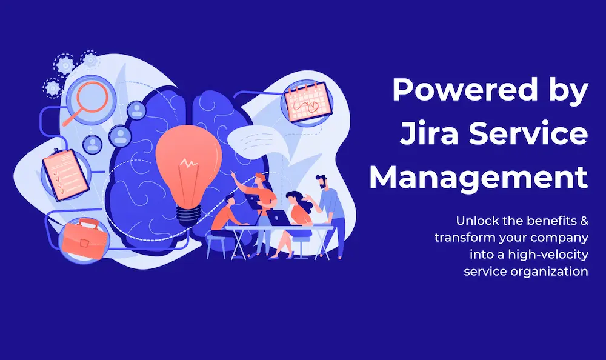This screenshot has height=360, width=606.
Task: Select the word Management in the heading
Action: click(479, 178)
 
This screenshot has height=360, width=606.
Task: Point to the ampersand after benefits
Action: click(584, 221)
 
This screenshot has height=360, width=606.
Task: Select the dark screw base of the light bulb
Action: click(189, 215)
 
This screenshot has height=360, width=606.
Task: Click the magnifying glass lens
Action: click(92, 97)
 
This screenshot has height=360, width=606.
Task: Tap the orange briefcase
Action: click(84, 239)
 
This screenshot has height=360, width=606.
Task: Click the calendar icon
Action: click(308, 101)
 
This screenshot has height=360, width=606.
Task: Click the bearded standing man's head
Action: click(322, 182)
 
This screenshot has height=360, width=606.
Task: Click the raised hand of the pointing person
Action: click(233, 173)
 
